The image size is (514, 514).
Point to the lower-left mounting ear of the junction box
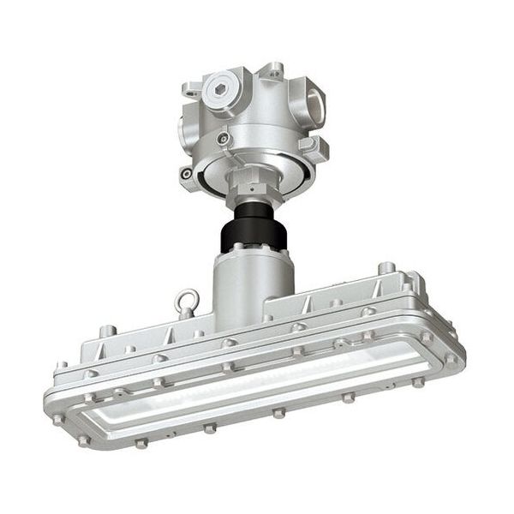pyautogui.click(x=186, y=174)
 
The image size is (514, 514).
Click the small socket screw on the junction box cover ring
pyautogui.click(x=224, y=138)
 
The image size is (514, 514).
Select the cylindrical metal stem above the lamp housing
pyautogui.click(x=242, y=291)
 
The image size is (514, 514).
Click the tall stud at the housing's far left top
pyautogui.click(x=106, y=330)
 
